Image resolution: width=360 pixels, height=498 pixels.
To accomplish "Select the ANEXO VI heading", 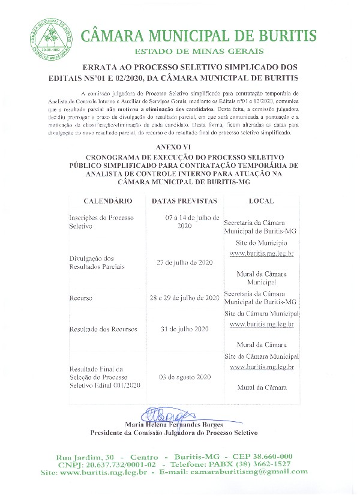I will (x=179, y=146).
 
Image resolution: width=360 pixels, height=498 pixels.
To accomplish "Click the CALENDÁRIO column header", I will (x=104, y=201).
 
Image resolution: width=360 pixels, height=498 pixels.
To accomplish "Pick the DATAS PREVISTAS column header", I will (x=179, y=201).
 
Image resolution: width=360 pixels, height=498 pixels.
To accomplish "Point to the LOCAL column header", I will (x=260, y=201).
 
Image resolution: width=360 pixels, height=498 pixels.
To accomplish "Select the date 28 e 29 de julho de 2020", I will (x=185, y=298).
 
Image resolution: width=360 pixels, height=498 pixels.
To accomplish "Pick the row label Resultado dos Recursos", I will (x=103, y=329).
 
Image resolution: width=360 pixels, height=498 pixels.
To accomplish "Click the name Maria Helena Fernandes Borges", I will (x=173, y=425).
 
